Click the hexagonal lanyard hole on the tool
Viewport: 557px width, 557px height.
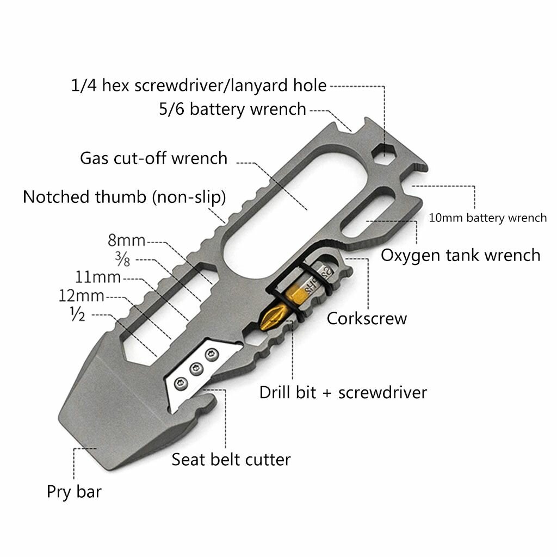point(383,155)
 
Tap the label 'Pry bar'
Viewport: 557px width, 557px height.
point(74,492)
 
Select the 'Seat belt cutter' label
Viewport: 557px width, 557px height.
point(231,460)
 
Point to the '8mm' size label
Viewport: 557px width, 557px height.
point(126,240)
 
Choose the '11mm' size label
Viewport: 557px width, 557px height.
point(98,277)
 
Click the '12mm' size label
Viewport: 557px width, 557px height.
point(82,295)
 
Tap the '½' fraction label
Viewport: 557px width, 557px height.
point(77,314)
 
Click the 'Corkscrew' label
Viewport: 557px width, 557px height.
point(367,319)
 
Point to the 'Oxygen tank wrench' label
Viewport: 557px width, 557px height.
point(460,256)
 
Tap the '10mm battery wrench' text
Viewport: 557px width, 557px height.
point(487,218)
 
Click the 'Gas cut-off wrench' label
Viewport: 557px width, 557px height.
point(153,158)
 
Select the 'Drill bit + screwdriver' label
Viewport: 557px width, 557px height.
point(343,393)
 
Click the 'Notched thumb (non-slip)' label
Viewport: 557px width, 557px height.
point(125,197)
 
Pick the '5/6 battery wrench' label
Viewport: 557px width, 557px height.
point(232,109)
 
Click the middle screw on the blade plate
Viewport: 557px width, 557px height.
point(196,369)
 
